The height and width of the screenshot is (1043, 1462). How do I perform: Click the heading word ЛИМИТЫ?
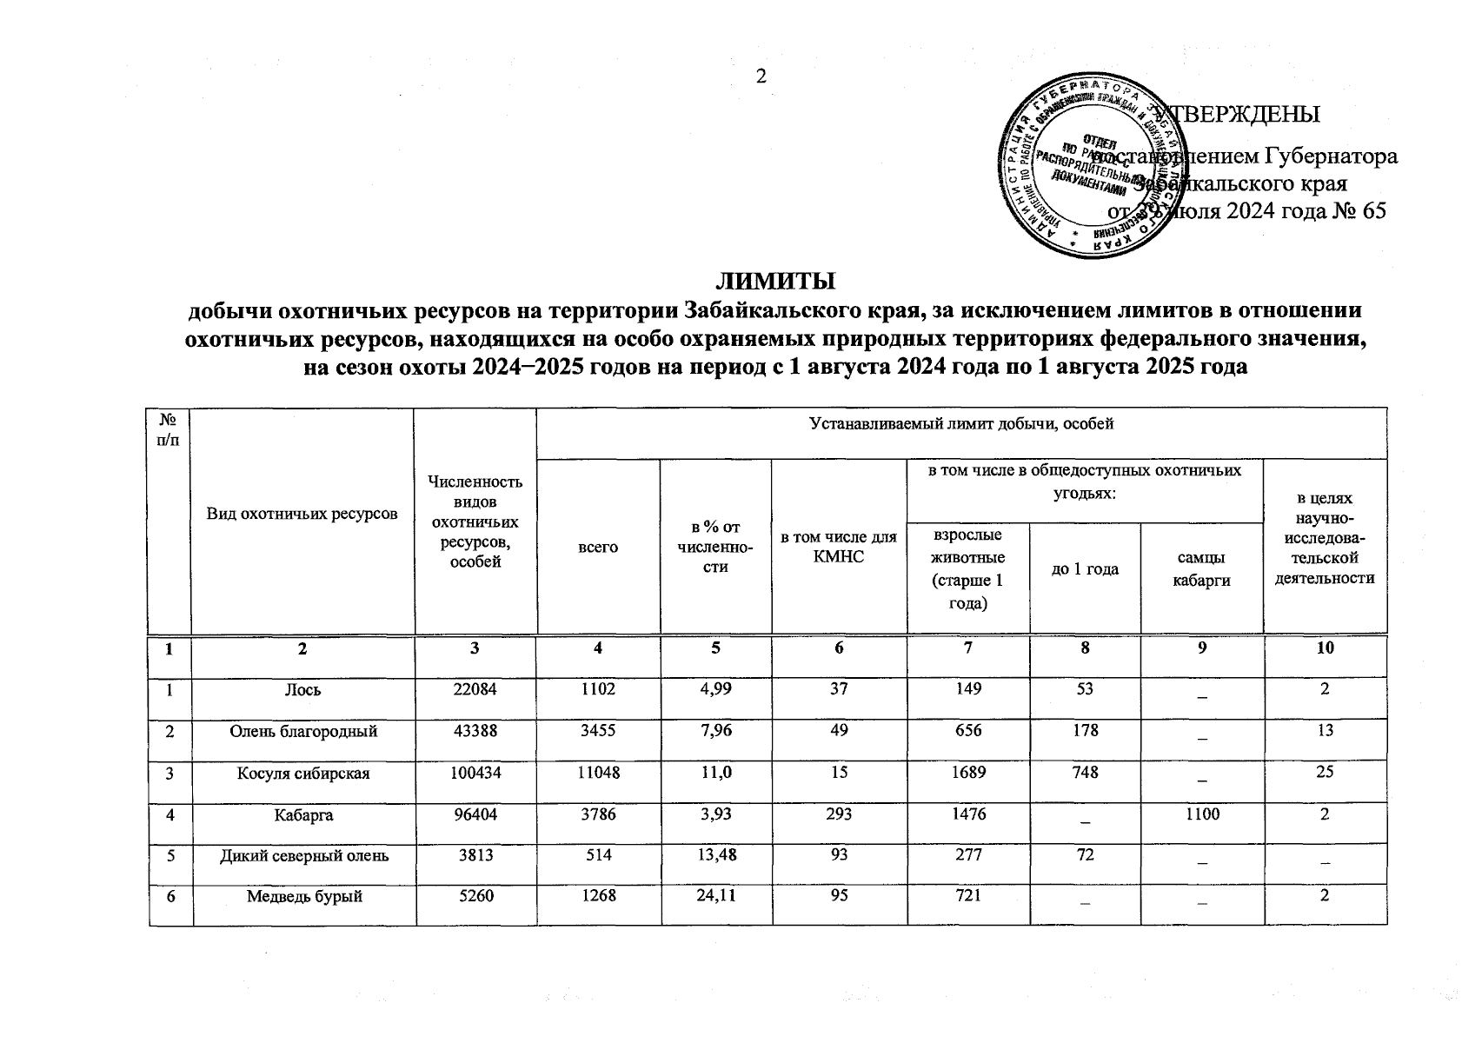(774, 282)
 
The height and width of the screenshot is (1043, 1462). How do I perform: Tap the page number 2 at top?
(761, 76)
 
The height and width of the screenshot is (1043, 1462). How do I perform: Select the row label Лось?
(305, 690)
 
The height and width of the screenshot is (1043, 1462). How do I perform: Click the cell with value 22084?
(477, 690)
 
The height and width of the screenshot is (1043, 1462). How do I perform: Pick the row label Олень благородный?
(303, 732)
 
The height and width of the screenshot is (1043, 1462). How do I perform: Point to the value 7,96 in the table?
(715, 732)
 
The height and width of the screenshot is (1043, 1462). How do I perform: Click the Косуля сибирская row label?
(303, 774)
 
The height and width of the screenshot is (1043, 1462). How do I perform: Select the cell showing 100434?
(477, 774)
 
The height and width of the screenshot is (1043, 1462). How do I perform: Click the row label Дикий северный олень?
(303, 856)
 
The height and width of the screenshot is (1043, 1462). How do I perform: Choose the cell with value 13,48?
(715, 856)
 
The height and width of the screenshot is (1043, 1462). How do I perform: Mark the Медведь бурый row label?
(303, 897)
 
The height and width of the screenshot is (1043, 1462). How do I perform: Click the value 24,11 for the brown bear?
(715, 897)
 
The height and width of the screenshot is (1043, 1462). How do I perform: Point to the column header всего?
(598, 548)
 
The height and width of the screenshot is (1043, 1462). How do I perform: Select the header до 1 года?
(1085, 569)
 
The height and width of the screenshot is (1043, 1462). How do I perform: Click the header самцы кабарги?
(1201, 569)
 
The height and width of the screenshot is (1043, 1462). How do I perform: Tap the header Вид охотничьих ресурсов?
(302, 514)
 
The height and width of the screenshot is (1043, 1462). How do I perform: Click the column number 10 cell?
(1325, 648)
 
